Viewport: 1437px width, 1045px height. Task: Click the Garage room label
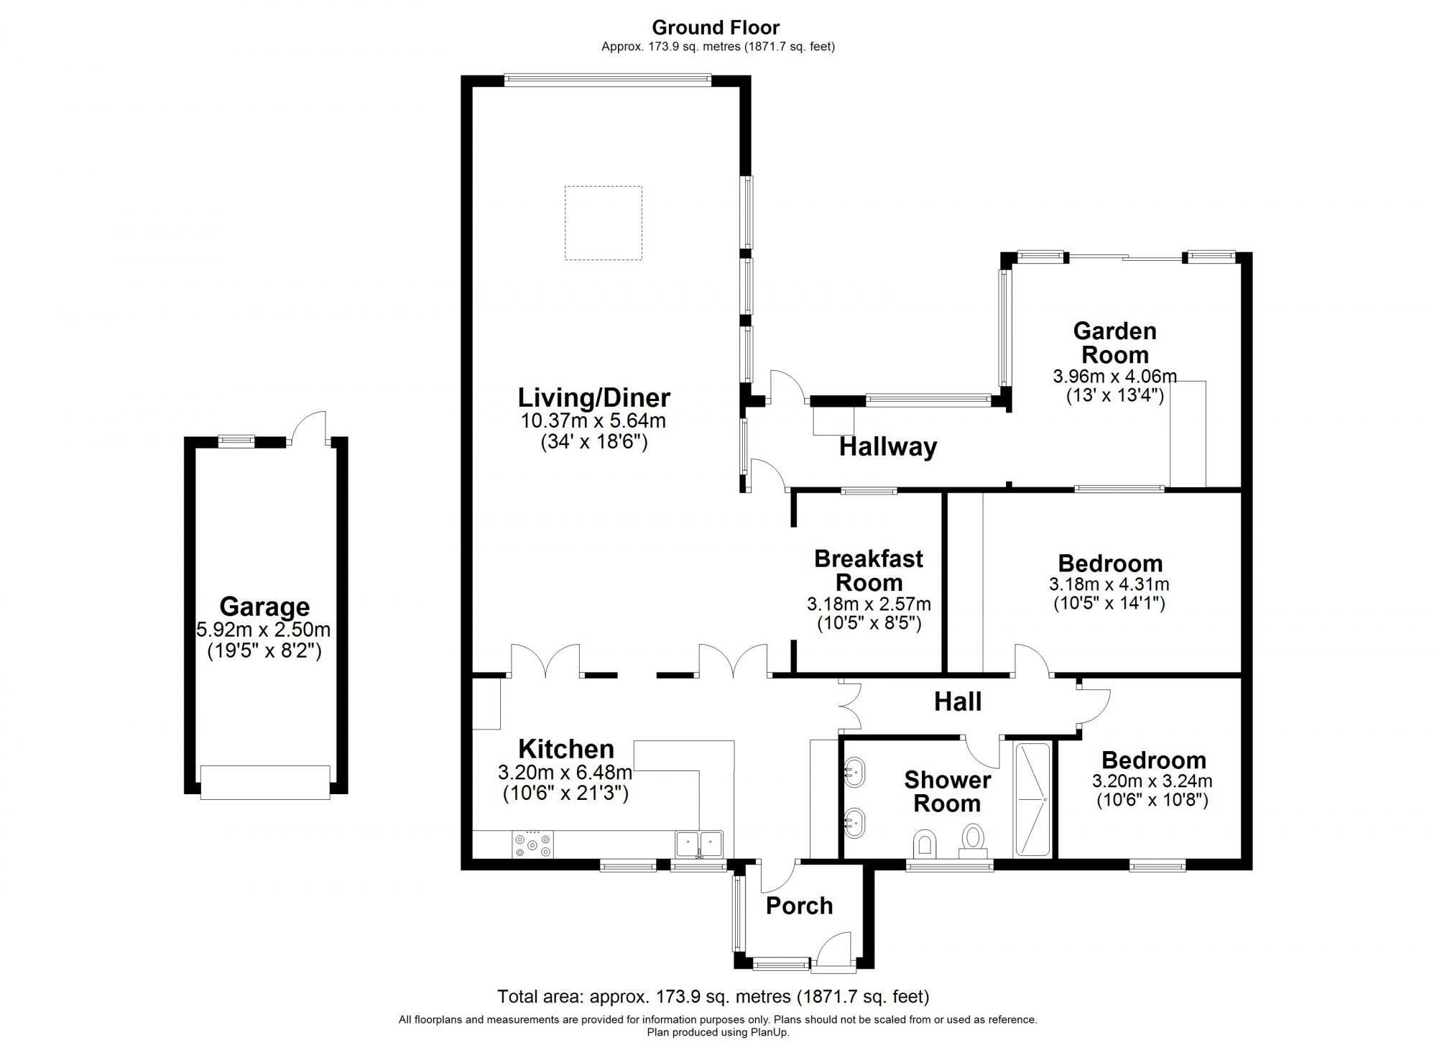tap(264, 607)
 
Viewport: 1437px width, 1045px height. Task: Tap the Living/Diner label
tap(594, 397)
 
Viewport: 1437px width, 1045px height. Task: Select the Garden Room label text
tap(1114, 343)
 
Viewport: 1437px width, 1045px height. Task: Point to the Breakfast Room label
tap(869, 570)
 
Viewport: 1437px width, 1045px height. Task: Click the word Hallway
tap(888, 447)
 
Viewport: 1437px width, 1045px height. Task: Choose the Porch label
tap(799, 906)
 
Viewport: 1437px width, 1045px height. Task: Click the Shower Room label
tap(947, 791)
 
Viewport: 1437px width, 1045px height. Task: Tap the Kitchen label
tap(566, 749)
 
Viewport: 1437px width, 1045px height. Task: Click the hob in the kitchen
tap(532, 844)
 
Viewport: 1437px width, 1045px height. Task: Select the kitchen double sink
tap(699, 844)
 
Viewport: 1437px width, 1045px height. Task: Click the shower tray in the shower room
tap(1032, 799)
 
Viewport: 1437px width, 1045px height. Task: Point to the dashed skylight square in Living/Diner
tap(603, 223)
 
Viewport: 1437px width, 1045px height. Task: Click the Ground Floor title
tap(716, 27)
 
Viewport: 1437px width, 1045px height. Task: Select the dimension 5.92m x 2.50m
tap(264, 630)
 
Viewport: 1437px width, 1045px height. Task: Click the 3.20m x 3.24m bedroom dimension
tap(1152, 781)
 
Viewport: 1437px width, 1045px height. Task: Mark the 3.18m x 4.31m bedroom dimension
tap(1109, 584)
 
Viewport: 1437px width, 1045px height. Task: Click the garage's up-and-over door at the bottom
tap(265, 782)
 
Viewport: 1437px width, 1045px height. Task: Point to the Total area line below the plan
tap(713, 997)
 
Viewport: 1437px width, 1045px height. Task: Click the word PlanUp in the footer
tap(770, 1033)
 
